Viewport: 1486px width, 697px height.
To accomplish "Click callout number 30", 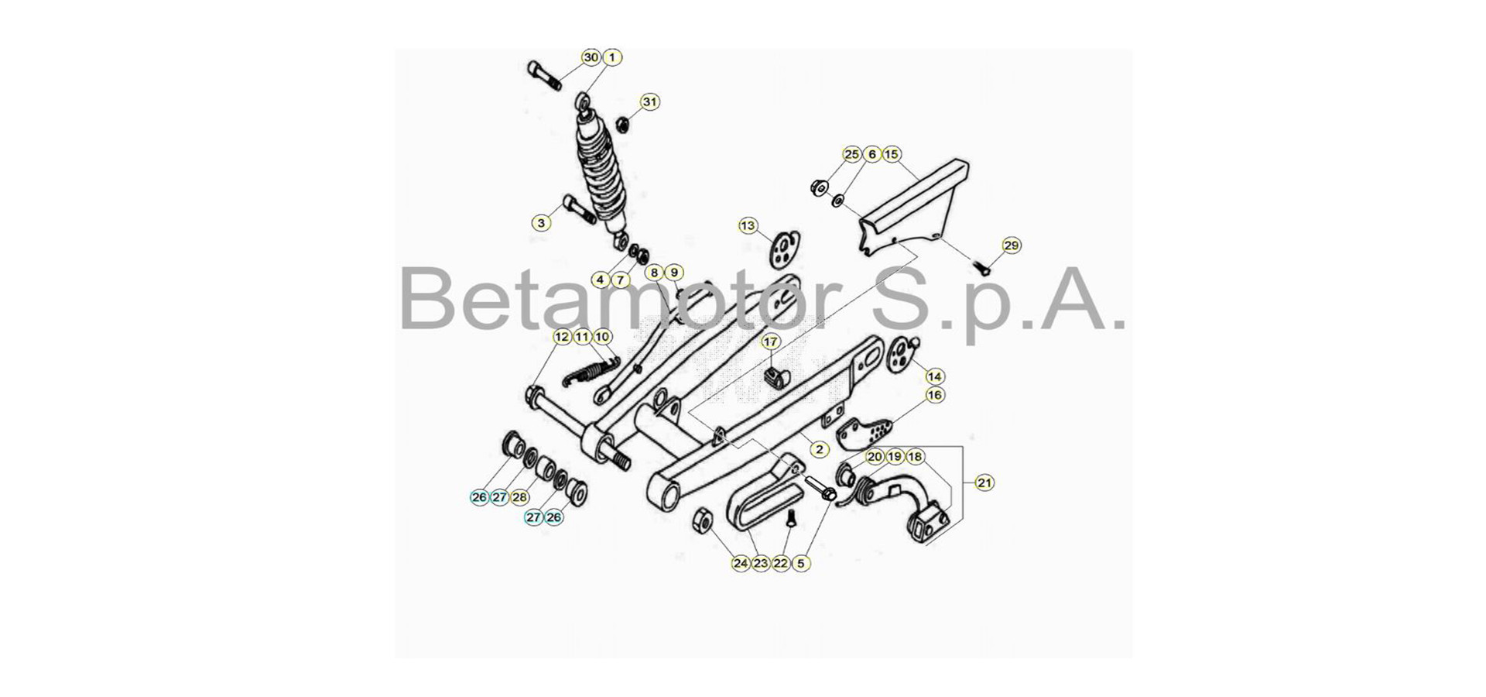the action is tap(591, 57).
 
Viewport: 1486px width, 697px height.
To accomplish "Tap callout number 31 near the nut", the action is tap(650, 102).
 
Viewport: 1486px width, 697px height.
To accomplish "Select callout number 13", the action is tap(748, 226).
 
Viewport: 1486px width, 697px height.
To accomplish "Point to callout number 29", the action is tap(1012, 245).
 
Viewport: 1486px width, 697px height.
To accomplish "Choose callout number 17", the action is tap(771, 342).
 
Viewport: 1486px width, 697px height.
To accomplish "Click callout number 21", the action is tap(984, 482).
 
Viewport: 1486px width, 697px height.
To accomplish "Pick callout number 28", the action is tap(520, 497).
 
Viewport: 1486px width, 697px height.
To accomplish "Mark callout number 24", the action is tap(741, 563).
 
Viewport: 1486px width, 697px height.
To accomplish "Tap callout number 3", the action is tap(542, 223).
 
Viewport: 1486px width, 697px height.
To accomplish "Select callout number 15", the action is tap(892, 155).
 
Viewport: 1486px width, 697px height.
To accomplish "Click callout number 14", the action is tap(935, 376).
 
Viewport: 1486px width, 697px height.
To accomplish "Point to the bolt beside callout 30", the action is tap(545, 75).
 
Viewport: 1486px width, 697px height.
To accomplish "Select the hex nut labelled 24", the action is tap(701, 519).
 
